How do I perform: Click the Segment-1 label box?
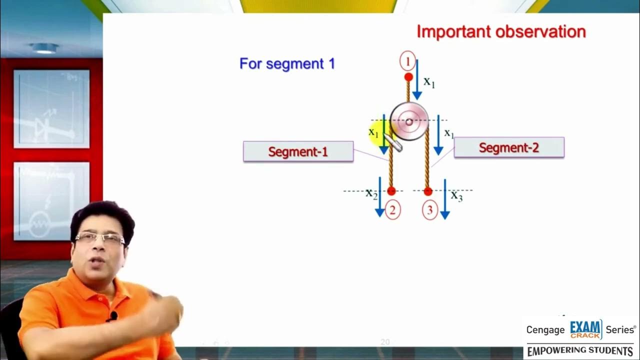[298, 151]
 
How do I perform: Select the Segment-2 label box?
[509, 147]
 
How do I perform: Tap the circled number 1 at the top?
[407, 62]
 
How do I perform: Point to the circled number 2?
[392, 210]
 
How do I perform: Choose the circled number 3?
[429, 210]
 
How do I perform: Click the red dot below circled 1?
[408, 77]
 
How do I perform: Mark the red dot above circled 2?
[391, 191]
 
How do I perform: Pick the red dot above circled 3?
[428, 191]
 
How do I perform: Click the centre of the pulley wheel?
[409, 121]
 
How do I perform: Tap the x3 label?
[456, 195]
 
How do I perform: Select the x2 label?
[371, 193]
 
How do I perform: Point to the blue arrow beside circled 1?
[417, 80]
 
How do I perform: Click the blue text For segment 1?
[287, 64]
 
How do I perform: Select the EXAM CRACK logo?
[586, 329]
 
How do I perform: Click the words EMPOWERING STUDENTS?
[580, 350]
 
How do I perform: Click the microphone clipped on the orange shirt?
[113, 316]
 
